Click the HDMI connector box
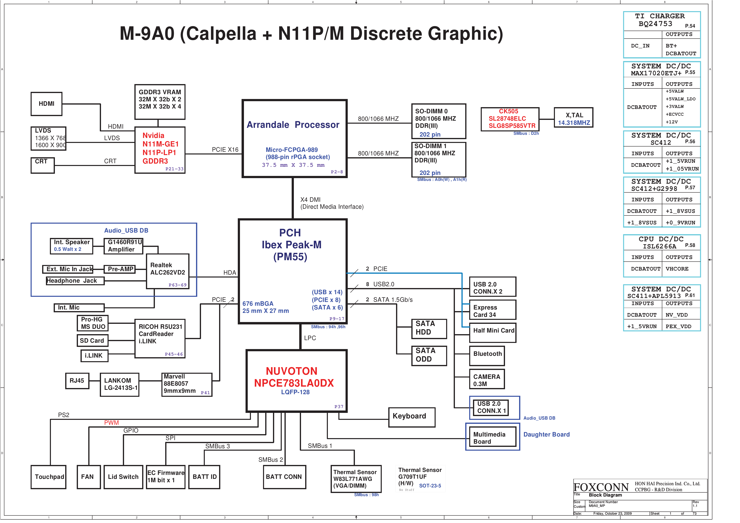coord(46,104)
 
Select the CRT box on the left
coord(43,165)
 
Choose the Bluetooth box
coord(487,355)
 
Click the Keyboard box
coord(412,417)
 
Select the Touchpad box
coord(49,477)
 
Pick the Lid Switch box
coord(123,477)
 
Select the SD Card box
coord(92,340)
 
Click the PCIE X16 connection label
coord(225,149)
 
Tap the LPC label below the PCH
coord(310,338)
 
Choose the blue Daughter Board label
coord(546,434)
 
